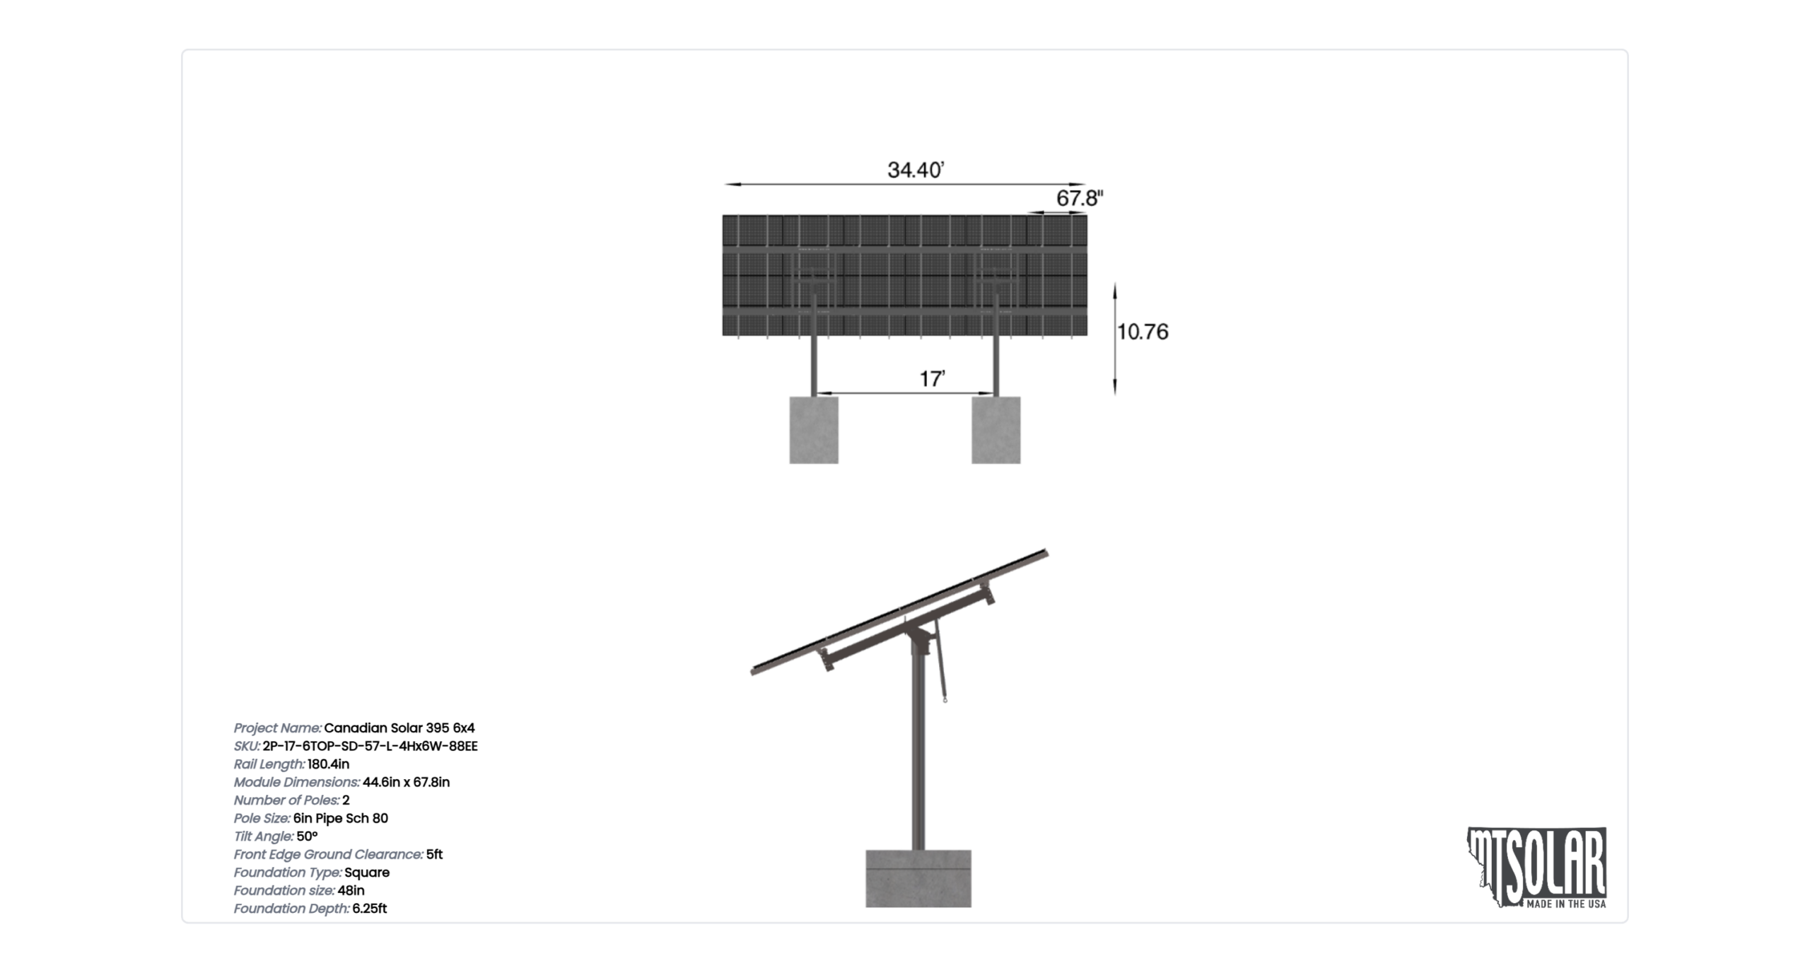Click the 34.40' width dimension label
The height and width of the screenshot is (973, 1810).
[916, 170]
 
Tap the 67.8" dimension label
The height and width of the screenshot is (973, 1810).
[1080, 198]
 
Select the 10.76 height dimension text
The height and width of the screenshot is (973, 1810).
[1143, 332]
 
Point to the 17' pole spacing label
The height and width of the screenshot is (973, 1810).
[932, 379]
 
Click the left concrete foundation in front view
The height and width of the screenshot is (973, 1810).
[814, 430]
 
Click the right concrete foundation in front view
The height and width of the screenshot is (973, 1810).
[996, 430]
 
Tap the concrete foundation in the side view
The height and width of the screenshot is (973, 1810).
[918, 878]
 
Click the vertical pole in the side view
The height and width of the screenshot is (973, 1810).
[918, 750]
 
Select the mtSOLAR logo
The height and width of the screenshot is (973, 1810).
[1537, 868]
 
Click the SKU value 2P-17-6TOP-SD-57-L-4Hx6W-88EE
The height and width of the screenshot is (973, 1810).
[370, 746]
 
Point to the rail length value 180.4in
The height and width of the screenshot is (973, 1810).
[328, 764]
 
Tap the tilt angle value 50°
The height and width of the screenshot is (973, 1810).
[307, 836]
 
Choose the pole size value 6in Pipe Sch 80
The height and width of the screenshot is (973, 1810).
[341, 818]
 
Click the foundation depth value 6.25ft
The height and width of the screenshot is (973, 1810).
[369, 909]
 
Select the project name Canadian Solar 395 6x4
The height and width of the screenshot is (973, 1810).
[399, 728]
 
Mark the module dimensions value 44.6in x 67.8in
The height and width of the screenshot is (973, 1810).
[406, 782]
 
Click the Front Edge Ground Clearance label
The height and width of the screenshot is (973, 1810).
[329, 854]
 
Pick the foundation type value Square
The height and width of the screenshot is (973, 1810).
[367, 873]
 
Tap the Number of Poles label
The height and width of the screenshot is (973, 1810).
[286, 800]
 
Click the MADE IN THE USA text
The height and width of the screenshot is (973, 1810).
[1566, 904]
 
